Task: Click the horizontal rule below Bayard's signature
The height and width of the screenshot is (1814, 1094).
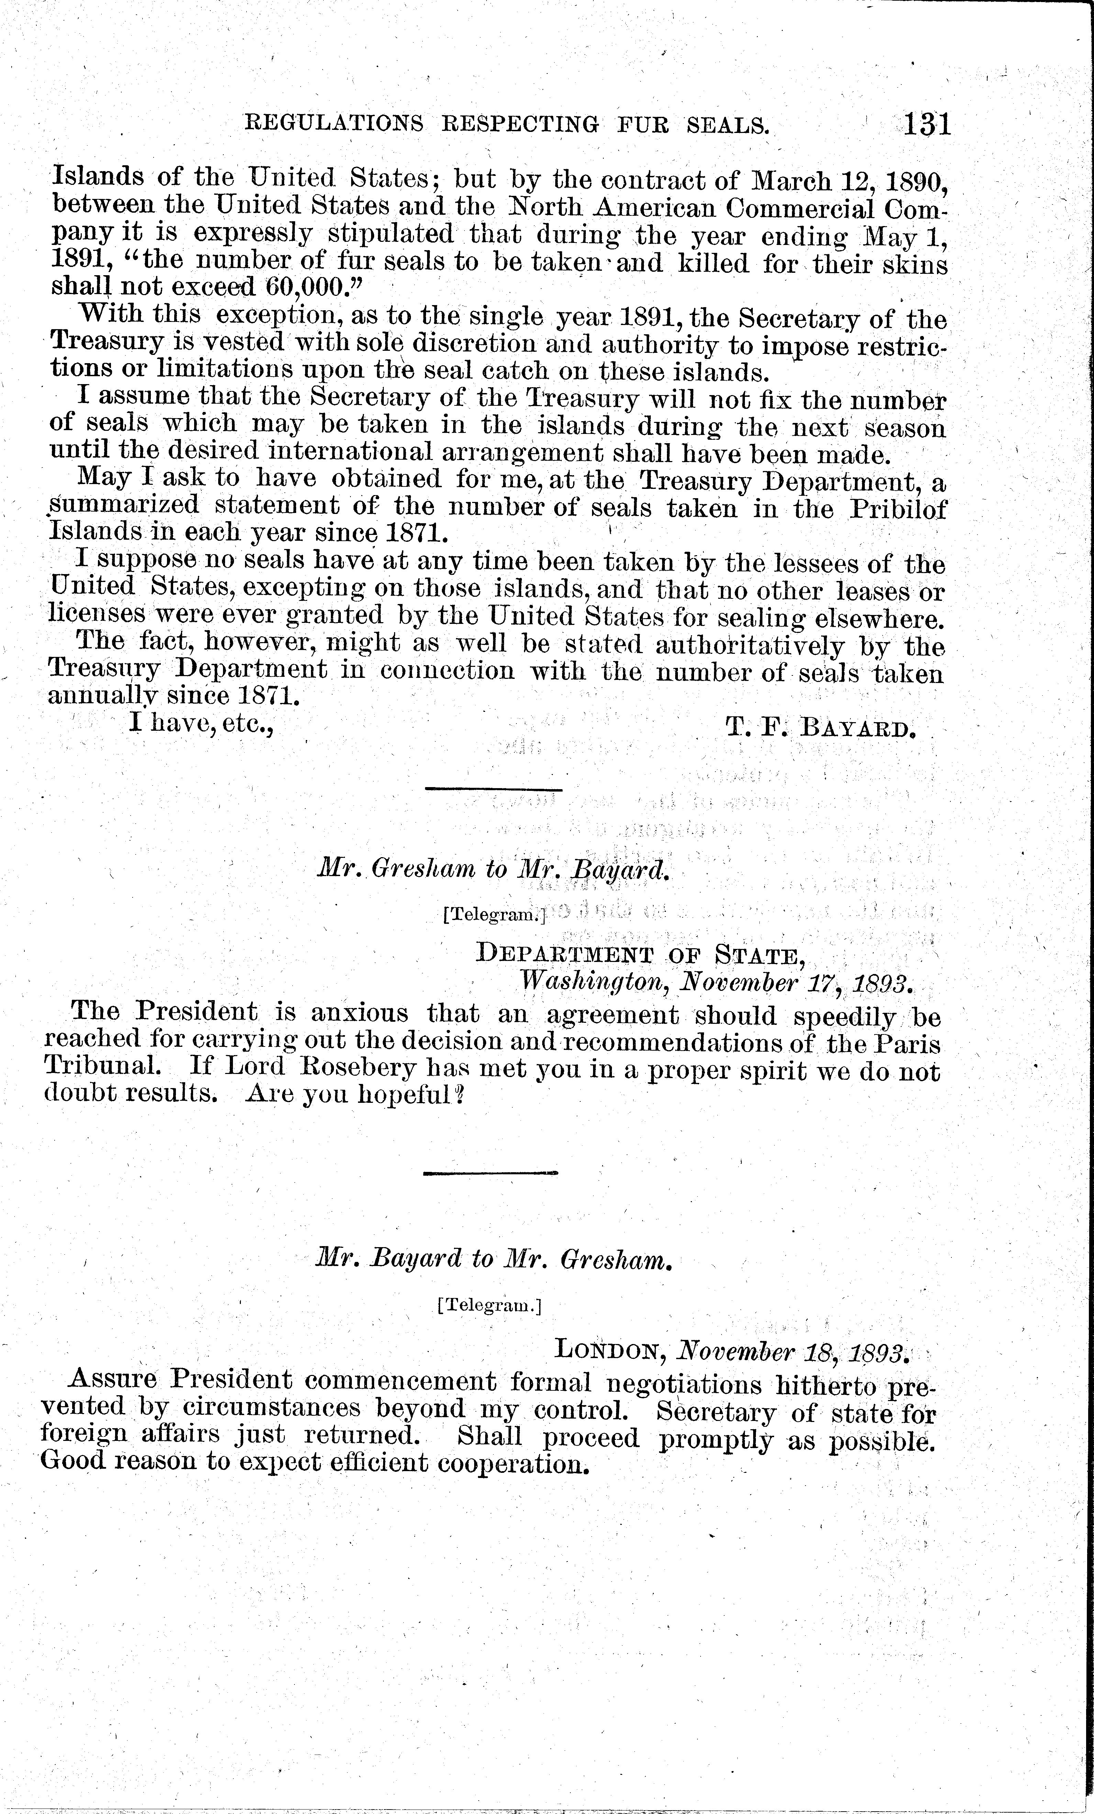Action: click(493, 790)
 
